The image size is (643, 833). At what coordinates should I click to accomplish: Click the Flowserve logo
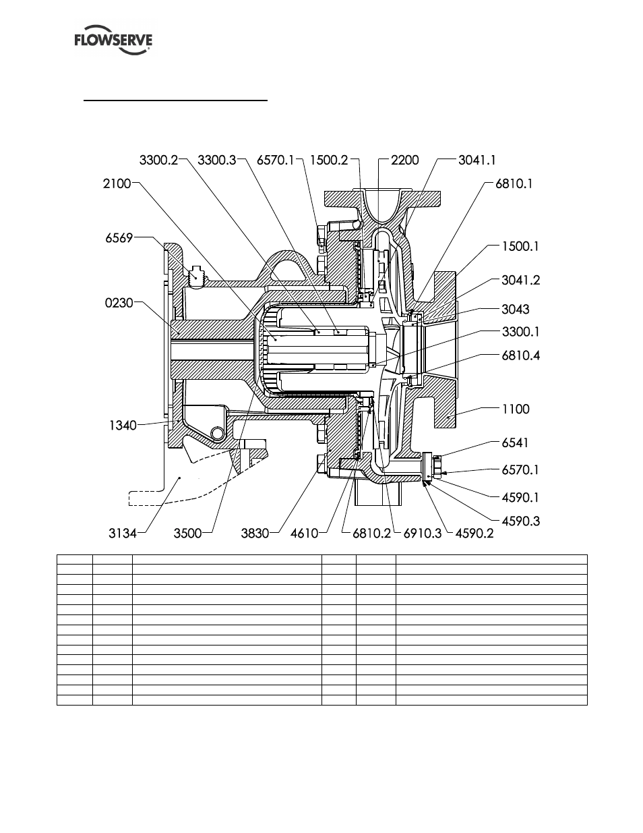(113, 40)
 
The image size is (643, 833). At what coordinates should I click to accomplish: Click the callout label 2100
(117, 183)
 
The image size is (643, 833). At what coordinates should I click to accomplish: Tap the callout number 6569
(119, 238)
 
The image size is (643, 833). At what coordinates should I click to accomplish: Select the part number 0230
(119, 304)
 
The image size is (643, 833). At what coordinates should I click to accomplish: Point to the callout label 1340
(123, 425)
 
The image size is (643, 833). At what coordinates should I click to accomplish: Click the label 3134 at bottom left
(123, 534)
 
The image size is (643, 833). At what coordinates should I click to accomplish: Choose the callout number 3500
(187, 534)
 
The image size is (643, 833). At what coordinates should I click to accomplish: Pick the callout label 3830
(255, 534)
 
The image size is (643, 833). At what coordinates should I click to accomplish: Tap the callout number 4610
(305, 534)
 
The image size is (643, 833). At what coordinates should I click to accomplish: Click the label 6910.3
(423, 534)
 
